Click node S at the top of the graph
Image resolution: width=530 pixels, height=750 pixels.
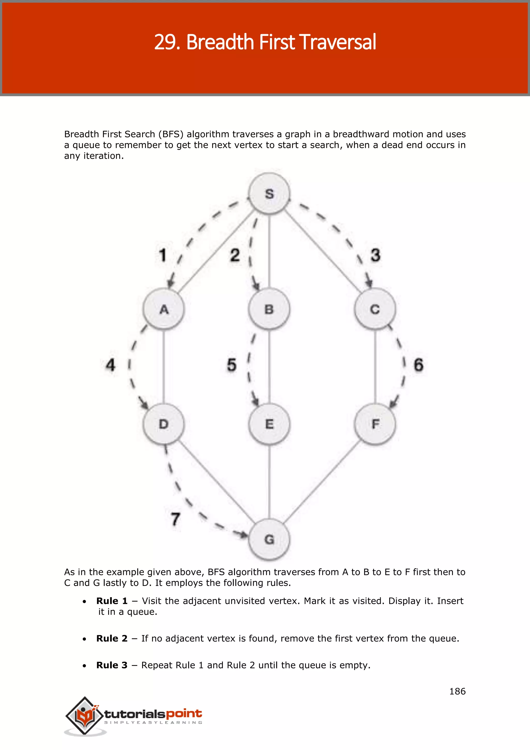pyautogui.click(x=269, y=194)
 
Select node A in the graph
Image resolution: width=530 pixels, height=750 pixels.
pyautogui.click(x=164, y=309)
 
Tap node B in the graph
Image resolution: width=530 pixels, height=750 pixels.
pyautogui.click(x=269, y=309)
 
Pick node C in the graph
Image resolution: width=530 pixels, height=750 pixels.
pyautogui.click(x=375, y=309)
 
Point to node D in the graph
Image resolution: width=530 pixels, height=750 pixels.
pyautogui.click(x=164, y=424)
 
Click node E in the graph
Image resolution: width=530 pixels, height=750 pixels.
pyautogui.click(x=269, y=424)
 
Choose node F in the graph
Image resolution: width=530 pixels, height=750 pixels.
pyautogui.click(x=375, y=424)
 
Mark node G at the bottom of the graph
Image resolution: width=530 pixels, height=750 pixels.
pyautogui.click(x=269, y=539)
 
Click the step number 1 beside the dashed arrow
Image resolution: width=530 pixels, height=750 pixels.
pyautogui.click(x=163, y=255)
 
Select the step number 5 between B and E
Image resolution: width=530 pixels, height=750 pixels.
pyautogui.click(x=231, y=365)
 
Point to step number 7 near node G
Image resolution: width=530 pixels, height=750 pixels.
pyautogui.click(x=175, y=519)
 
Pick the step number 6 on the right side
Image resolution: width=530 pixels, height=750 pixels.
pyautogui.click(x=419, y=365)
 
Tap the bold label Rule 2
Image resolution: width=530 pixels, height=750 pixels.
pyautogui.click(x=112, y=639)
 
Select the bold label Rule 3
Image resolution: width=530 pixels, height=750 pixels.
pyautogui.click(x=112, y=665)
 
